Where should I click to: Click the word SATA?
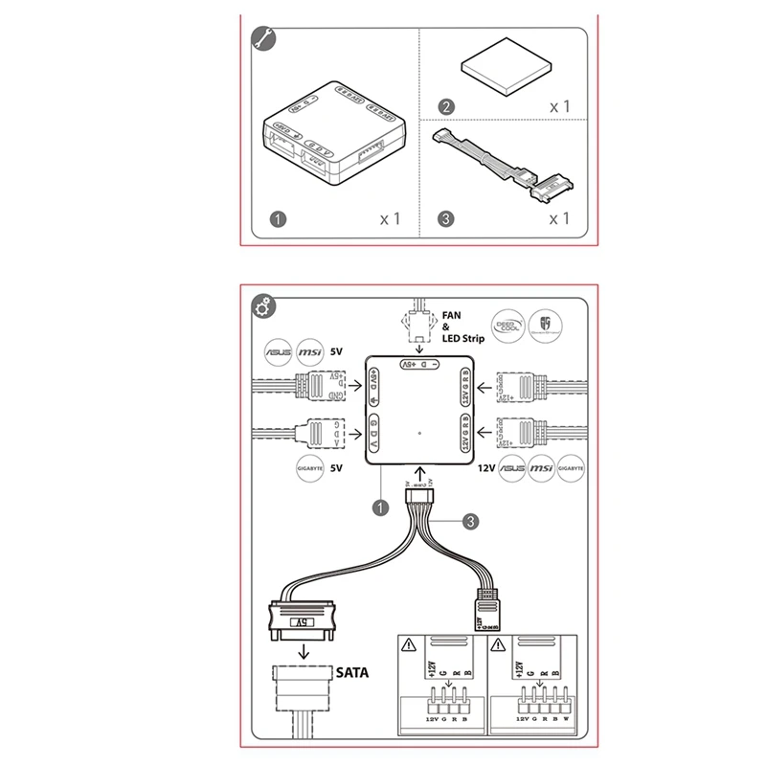pos(351,672)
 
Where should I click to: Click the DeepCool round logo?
pos(507,325)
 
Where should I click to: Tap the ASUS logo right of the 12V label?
pos(513,470)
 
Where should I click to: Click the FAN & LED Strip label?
pos(463,327)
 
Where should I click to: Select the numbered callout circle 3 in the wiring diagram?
pos(470,522)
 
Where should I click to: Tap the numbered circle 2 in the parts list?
pos(445,106)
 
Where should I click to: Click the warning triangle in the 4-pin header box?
pos(410,647)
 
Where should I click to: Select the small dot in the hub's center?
pos(420,433)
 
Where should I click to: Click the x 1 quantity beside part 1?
pos(390,219)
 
